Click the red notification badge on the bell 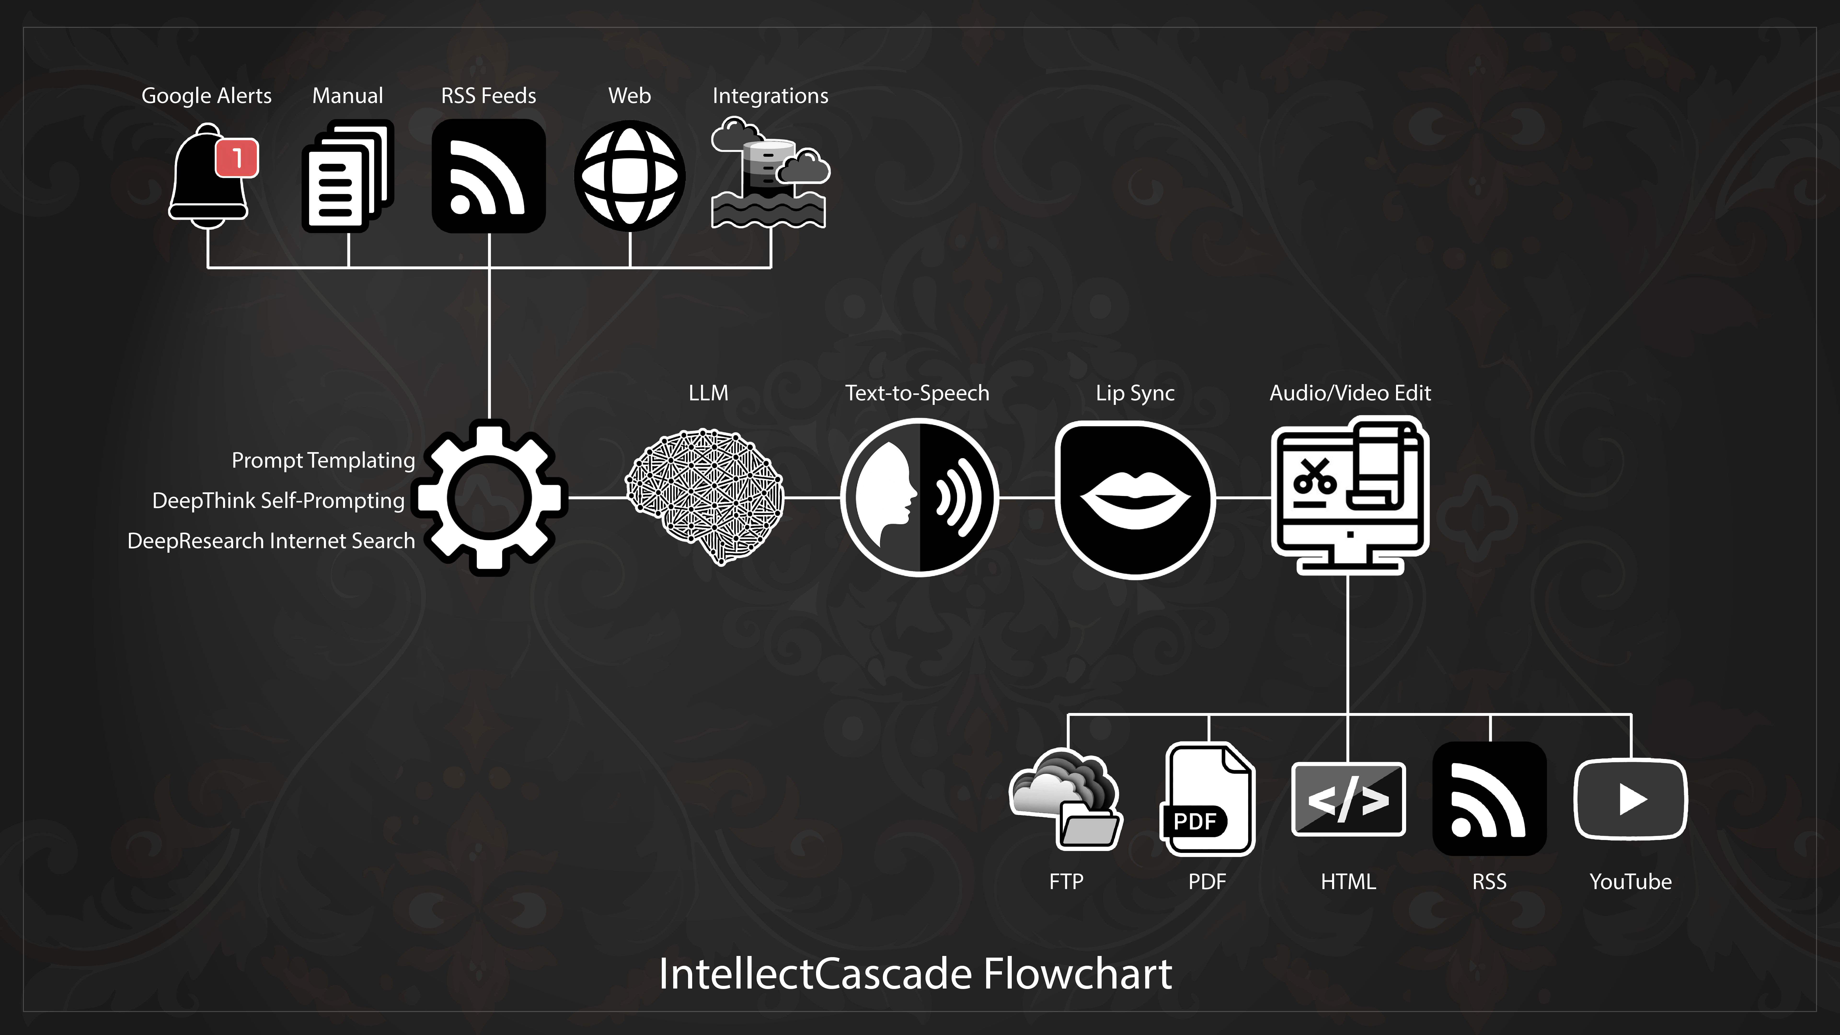coord(237,158)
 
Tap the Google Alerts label coord(207,96)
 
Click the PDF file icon coord(1207,799)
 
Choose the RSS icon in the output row coord(1489,799)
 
